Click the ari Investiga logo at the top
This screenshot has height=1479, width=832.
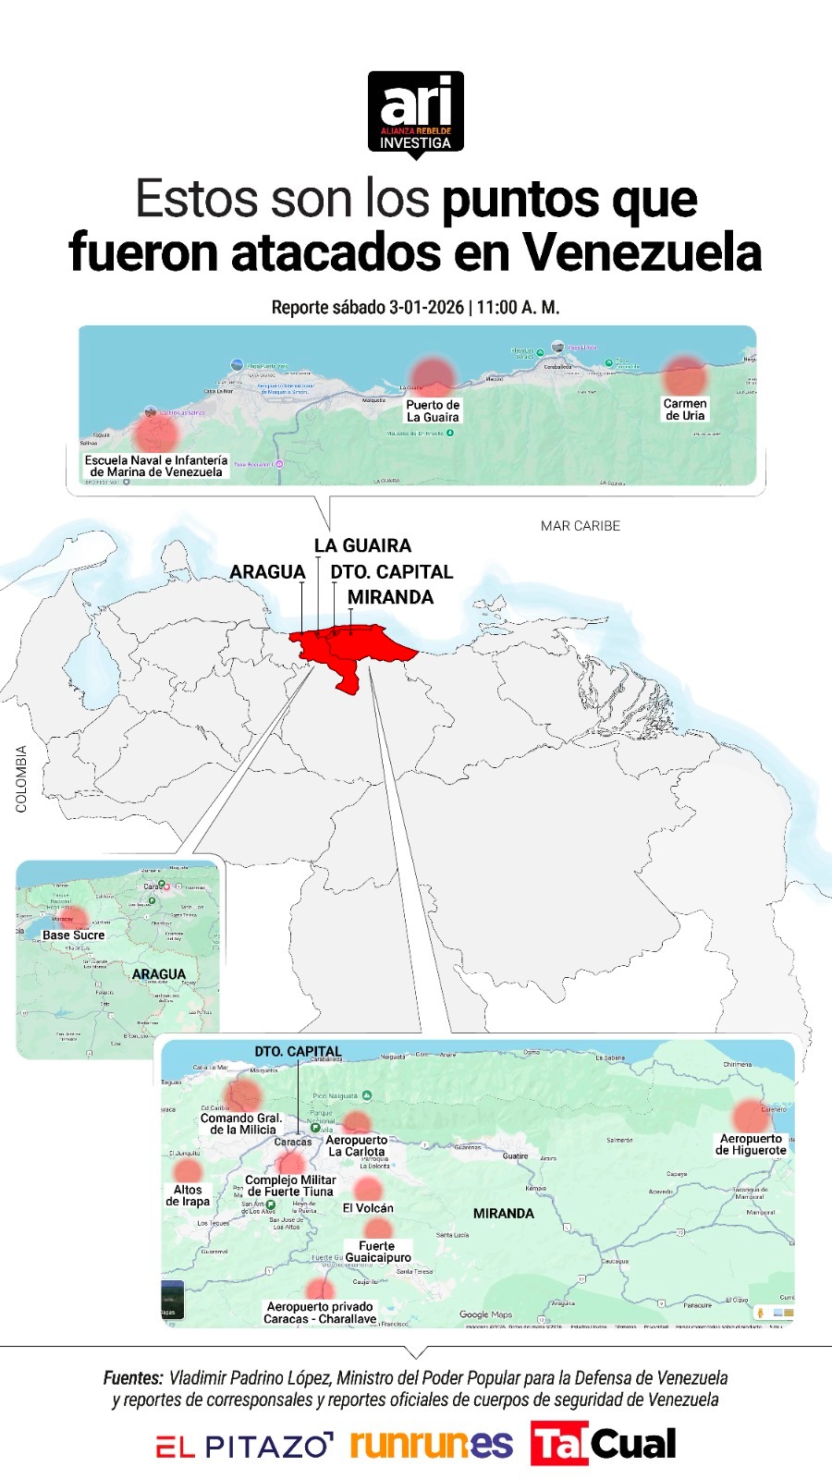(415, 113)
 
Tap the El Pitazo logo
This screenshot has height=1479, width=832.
(244, 1446)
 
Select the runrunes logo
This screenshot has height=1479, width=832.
(431, 1444)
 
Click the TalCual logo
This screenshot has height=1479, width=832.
(604, 1444)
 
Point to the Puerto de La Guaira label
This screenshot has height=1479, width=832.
(433, 411)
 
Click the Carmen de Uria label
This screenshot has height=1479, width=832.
(685, 409)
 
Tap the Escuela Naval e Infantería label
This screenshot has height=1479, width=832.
(156, 466)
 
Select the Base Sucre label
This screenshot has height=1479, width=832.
(74, 935)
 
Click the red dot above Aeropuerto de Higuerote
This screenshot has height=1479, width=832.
(751, 1116)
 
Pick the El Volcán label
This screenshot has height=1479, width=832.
(368, 1208)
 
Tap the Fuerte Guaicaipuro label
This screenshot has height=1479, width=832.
(377, 1252)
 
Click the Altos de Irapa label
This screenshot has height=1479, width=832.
(188, 1196)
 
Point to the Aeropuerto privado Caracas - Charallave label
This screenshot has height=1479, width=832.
(320, 1313)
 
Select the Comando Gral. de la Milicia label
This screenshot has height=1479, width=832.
(241, 1124)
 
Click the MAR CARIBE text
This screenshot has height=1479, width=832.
(581, 526)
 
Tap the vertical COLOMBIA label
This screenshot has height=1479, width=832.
(21, 779)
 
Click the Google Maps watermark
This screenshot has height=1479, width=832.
(485, 1314)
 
